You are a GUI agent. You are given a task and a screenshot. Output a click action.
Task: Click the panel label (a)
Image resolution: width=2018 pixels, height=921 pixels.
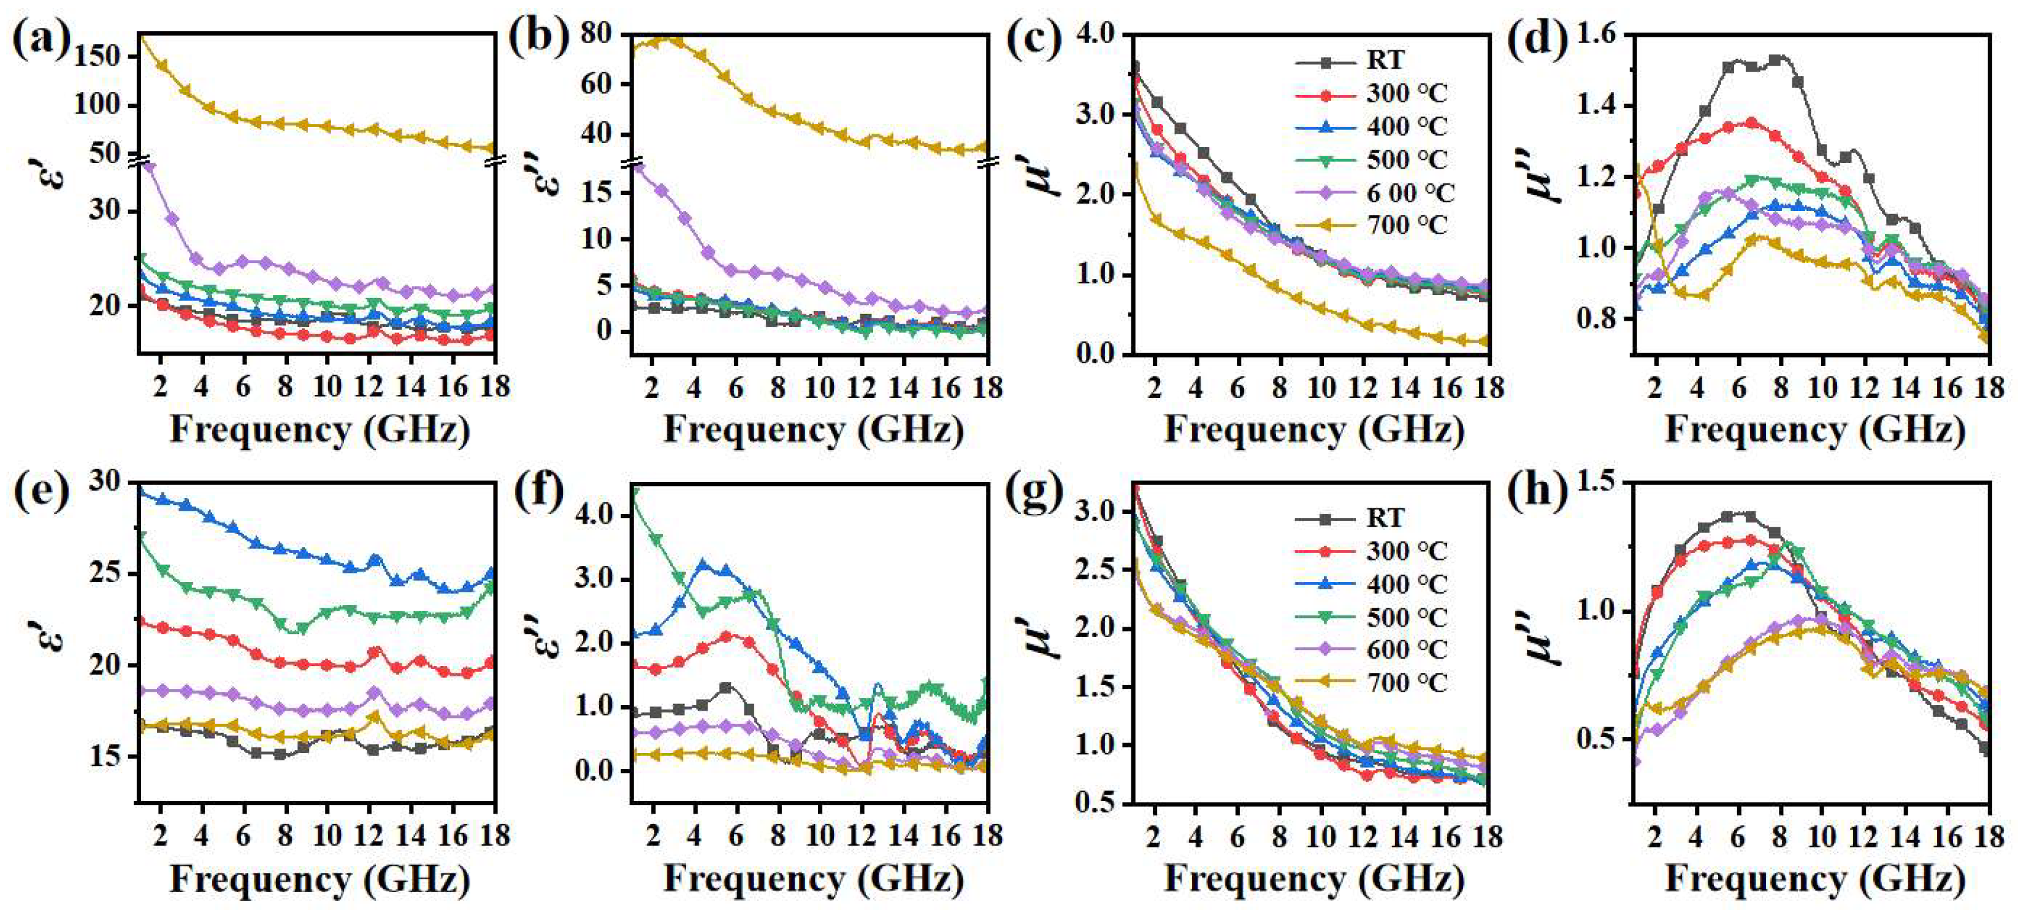[x=40, y=39]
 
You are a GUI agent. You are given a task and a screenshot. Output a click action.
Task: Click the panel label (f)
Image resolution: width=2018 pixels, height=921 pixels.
[x=539, y=492]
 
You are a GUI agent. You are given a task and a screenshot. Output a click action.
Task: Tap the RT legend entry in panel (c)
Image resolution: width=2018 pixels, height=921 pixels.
[x=1385, y=60]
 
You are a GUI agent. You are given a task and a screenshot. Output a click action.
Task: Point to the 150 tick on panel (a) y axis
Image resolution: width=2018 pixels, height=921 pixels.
[x=99, y=56]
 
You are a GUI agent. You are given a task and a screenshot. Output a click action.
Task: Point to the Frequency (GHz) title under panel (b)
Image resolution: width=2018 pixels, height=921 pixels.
[x=812, y=430]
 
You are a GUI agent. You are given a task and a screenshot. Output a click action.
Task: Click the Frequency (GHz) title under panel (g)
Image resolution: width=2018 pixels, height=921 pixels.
[x=1313, y=879]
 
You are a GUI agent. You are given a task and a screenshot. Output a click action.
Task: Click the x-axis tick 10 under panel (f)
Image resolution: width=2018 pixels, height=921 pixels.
[x=819, y=836]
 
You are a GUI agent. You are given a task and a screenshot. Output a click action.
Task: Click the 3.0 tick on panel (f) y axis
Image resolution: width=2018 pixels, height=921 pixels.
[x=600, y=579]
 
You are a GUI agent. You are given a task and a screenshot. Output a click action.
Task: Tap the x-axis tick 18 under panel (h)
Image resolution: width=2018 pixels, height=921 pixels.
[x=1988, y=836]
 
